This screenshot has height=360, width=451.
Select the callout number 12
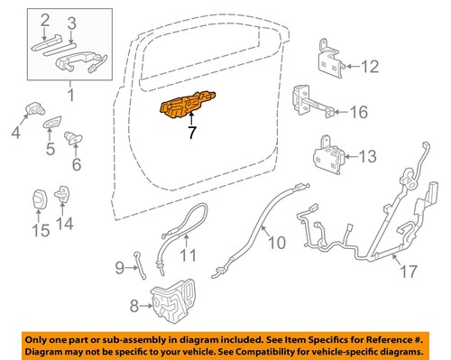pos(372,65)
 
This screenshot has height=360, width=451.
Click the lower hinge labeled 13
pos(330,152)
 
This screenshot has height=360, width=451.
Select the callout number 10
pos(276,242)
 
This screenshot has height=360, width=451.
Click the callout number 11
pos(186,255)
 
